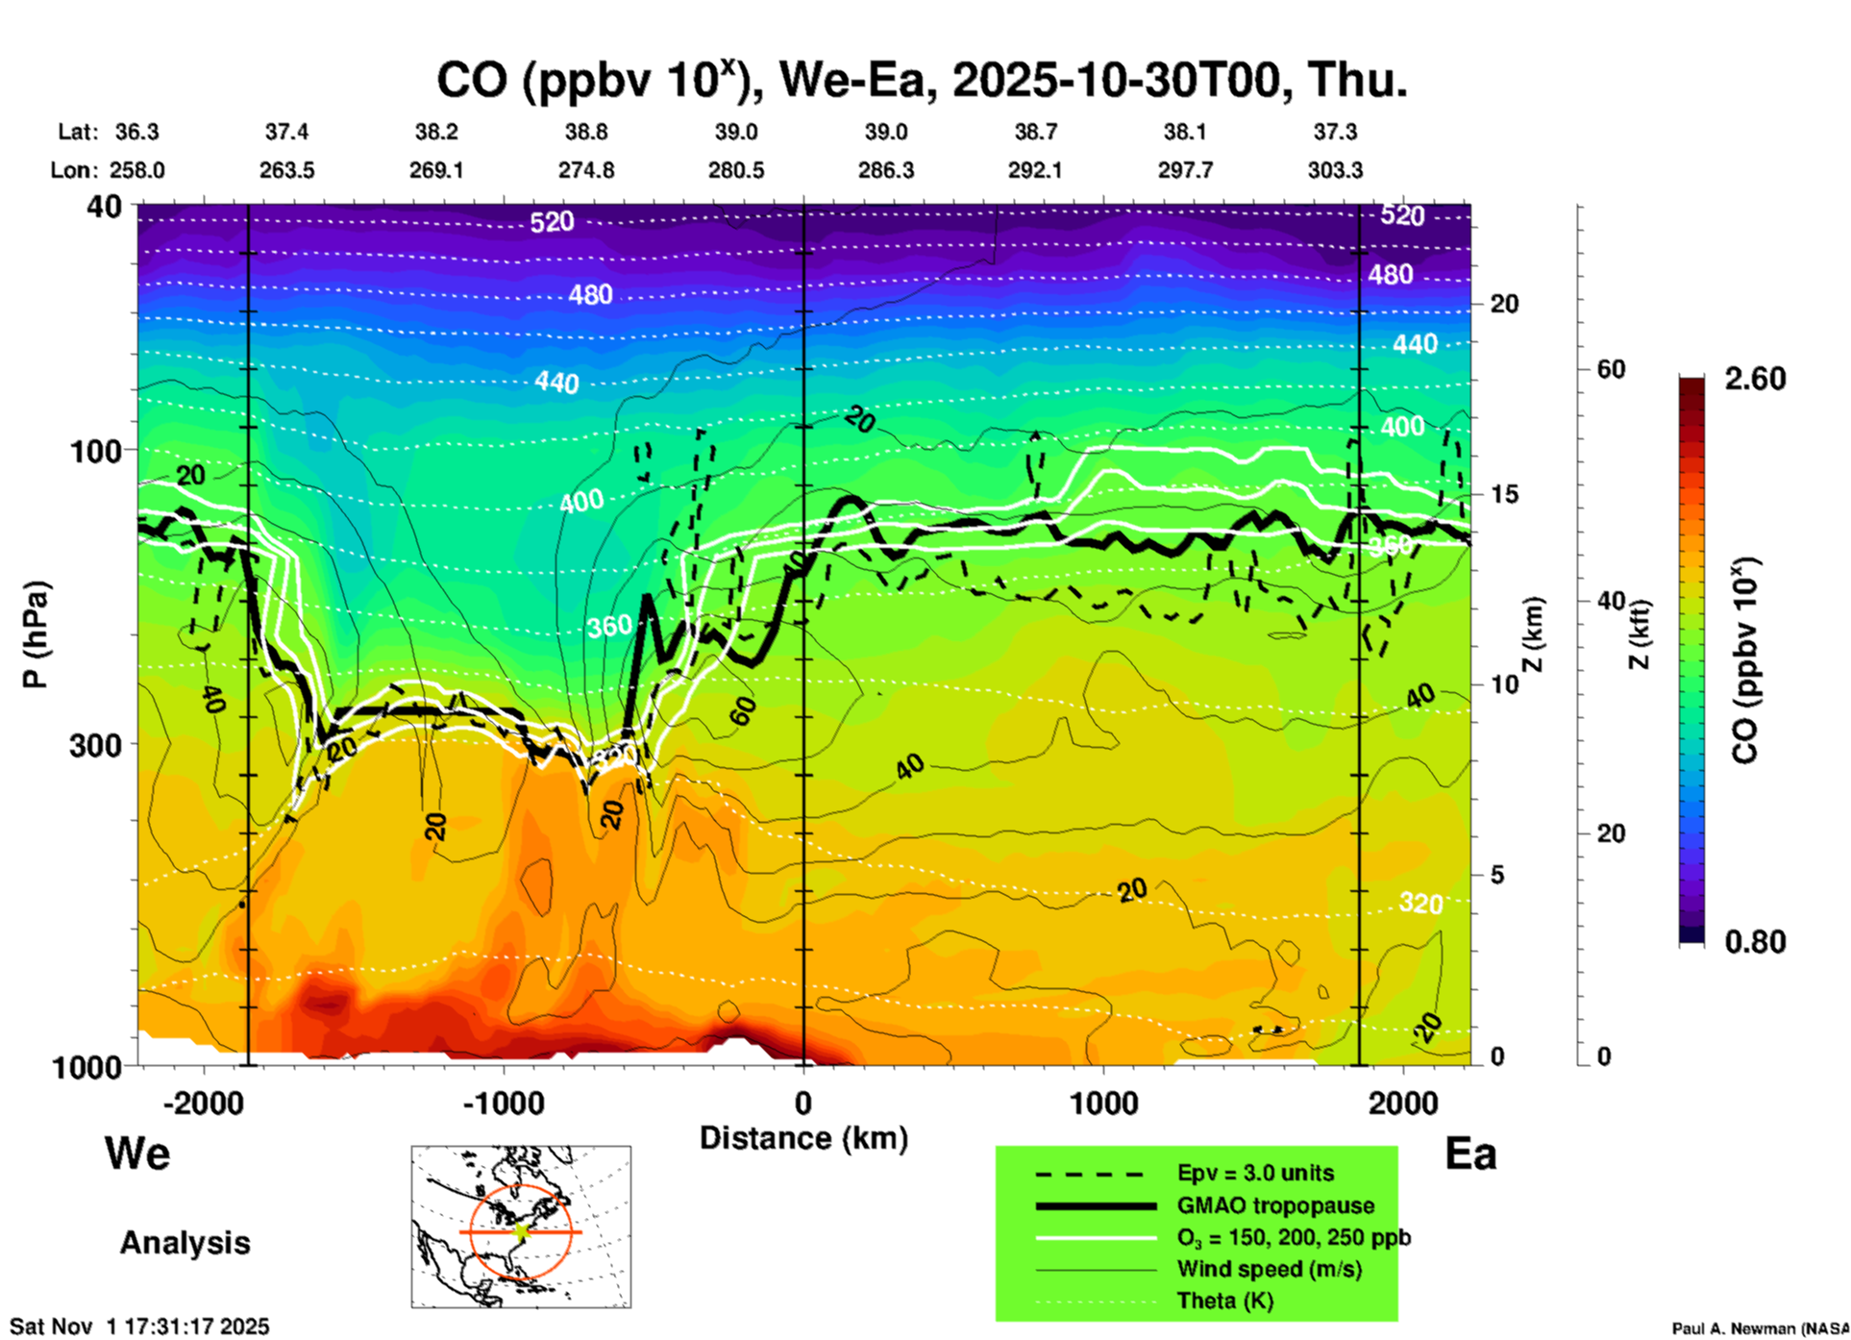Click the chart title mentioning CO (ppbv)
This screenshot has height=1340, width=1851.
coord(922,81)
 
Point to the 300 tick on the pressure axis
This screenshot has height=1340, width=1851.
coord(96,745)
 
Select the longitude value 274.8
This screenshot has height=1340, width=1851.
coord(586,170)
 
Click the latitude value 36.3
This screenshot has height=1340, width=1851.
coord(137,132)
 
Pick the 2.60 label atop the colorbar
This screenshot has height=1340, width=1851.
coord(1755,379)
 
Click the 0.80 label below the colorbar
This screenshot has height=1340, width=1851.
coord(1755,942)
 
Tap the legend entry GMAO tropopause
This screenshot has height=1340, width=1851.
coord(1275,1205)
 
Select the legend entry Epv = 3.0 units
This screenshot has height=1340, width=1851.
coord(1255,1173)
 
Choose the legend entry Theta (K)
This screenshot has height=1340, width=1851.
coord(1224,1301)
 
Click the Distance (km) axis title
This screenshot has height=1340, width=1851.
coord(803,1138)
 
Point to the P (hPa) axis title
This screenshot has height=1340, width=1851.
coord(37,634)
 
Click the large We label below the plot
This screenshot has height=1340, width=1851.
coord(137,1153)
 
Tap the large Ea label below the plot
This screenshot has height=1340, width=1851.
coord(1470,1154)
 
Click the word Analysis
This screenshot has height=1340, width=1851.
coord(185,1243)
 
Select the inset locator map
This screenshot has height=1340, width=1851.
coord(521,1227)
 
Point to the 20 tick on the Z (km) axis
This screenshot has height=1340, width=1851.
coord(1504,304)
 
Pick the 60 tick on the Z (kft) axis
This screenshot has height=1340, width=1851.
coord(1611,369)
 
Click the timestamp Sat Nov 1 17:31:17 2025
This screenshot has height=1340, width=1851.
coord(139,1327)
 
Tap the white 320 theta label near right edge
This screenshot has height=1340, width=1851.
coord(1420,903)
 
